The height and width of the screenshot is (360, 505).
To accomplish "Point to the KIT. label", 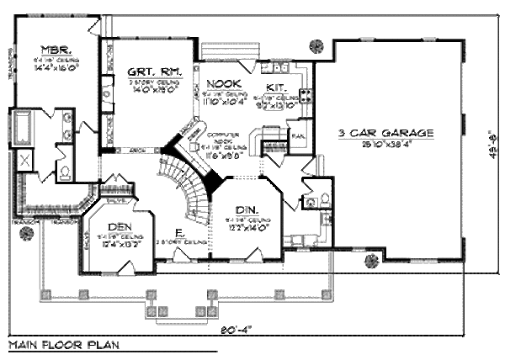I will click(274, 87).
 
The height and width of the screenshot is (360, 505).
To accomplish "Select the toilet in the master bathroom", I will click(66, 172).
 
